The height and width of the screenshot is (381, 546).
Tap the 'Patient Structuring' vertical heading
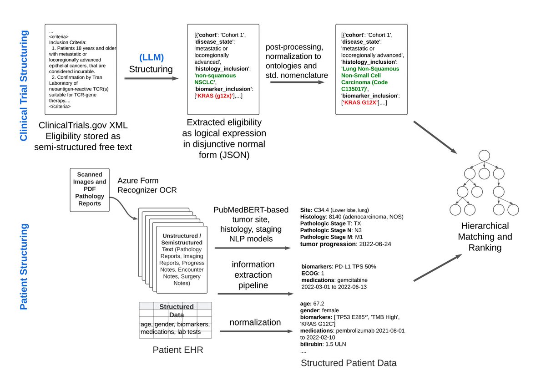[x=24, y=266]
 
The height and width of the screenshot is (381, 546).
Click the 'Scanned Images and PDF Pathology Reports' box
[x=89, y=190]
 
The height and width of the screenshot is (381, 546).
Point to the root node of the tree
[x=484, y=155]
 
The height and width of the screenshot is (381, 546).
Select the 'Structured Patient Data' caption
[x=349, y=363]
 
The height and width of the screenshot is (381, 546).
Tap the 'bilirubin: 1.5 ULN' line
[x=324, y=344]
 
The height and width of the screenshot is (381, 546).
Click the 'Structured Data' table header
[x=176, y=310]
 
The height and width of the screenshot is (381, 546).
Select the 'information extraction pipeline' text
[x=253, y=275]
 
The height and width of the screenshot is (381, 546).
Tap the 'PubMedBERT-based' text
[x=251, y=209]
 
